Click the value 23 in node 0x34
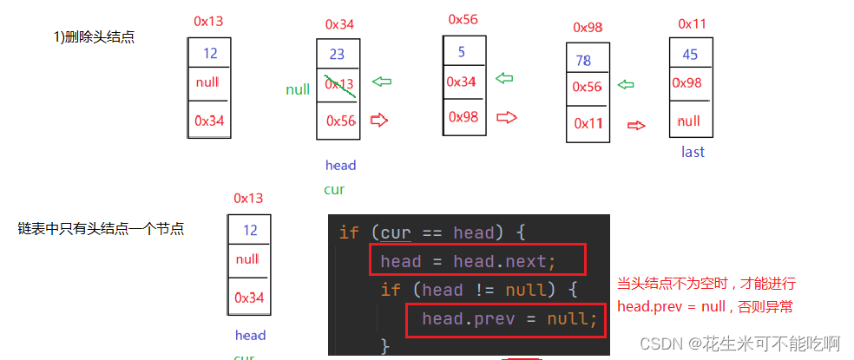click(x=337, y=54)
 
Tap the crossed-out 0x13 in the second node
click(x=339, y=84)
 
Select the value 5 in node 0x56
click(x=462, y=52)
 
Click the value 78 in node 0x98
click(x=583, y=61)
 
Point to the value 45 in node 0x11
click(x=690, y=55)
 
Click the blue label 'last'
click(x=693, y=152)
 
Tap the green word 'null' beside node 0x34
click(x=298, y=89)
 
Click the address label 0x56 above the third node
click(x=463, y=19)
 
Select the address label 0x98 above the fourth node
click(x=588, y=28)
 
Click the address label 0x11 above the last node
click(x=692, y=23)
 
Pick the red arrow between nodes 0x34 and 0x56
click(x=378, y=120)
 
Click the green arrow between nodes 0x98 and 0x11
click(x=625, y=85)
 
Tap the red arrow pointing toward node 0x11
click(x=636, y=125)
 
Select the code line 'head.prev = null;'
click(x=509, y=318)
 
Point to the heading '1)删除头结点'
click(x=94, y=37)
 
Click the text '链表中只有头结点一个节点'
click(x=101, y=229)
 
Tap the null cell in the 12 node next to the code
click(x=247, y=259)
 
